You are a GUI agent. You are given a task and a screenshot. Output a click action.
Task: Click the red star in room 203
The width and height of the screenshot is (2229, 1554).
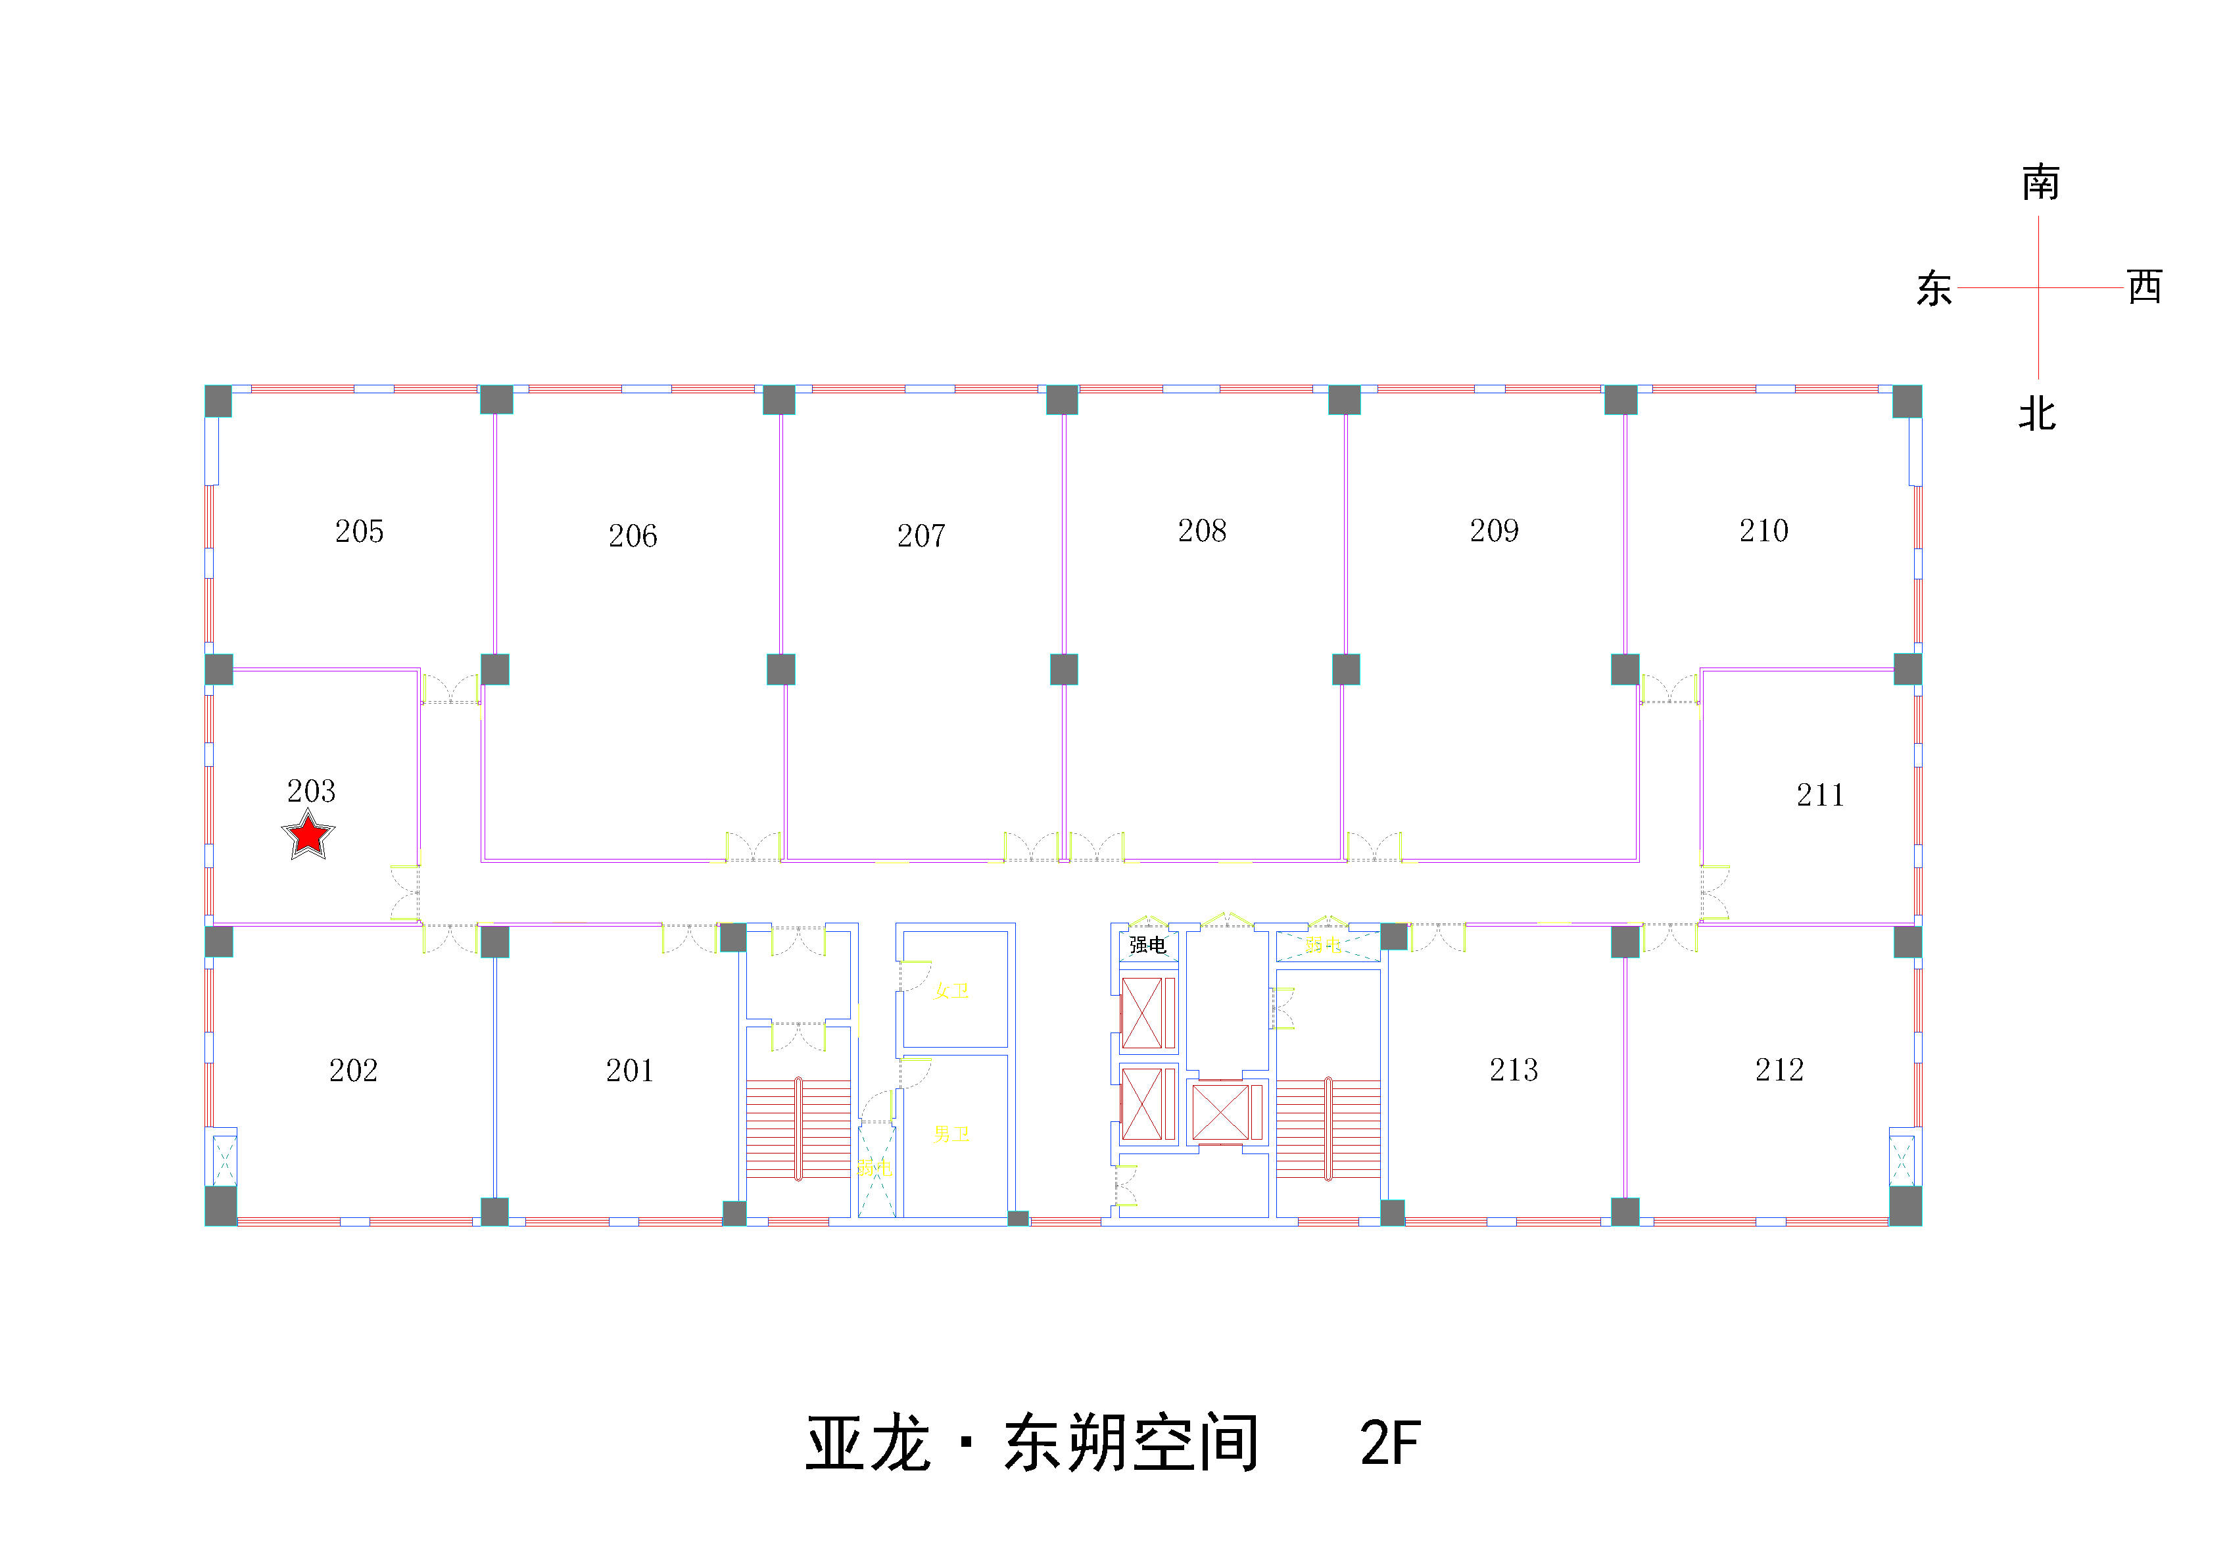(308, 835)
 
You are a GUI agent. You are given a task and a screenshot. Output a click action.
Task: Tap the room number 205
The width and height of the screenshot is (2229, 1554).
(359, 531)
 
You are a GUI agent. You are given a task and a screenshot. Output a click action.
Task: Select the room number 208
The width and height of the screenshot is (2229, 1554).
(1202, 530)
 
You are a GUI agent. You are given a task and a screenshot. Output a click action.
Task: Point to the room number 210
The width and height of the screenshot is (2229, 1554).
(1763, 530)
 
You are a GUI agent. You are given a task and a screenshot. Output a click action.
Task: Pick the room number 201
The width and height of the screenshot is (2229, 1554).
(630, 1071)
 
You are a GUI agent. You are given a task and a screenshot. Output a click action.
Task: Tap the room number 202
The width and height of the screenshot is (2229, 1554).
(353, 1071)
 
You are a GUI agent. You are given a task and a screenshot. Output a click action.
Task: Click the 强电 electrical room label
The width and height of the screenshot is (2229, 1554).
(1147, 945)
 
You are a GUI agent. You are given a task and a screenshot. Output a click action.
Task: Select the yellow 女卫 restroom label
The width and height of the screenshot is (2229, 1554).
(951, 990)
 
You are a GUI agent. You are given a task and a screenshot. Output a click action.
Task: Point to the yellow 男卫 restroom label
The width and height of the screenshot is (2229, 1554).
(951, 1134)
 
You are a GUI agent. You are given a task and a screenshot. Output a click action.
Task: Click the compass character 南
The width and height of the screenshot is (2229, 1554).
(2041, 183)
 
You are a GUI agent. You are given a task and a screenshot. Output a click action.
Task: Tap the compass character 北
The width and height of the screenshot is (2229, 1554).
(2038, 415)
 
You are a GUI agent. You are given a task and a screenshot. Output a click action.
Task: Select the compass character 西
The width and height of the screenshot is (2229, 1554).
(2145, 287)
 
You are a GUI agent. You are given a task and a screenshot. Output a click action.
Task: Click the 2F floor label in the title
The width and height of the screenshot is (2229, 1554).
(1390, 1444)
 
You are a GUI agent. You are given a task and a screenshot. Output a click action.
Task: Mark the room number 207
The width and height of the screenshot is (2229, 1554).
(921, 535)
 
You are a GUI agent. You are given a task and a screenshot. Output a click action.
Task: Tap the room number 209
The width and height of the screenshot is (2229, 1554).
(1494, 530)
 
